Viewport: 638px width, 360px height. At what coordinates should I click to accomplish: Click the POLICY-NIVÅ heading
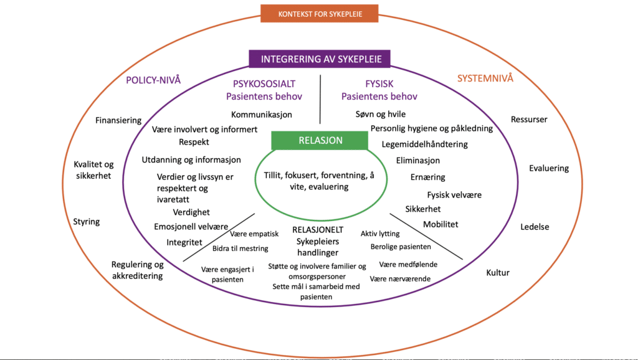click(x=153, y=80)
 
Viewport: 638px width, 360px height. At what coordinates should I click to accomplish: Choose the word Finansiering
click(x=118, y=120)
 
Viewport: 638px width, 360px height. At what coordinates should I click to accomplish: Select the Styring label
click(x=87, y=222)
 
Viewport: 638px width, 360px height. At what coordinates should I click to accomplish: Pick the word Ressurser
click(x=530, y=119)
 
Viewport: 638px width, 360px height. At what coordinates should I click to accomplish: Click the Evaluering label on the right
click(x=549, y=168)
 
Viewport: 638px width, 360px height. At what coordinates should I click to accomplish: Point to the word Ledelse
click(x=535, y=227)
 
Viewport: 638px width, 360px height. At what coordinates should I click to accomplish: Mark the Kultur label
click(x=498, y=272)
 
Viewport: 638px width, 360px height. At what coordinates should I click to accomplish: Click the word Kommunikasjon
click(x=262, y=115)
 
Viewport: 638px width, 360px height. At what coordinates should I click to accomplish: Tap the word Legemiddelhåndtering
click(x=424, y=144)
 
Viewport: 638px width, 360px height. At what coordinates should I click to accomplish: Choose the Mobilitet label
click(x=441, y=224)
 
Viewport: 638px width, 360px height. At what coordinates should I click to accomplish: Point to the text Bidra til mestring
click(x=240, y=249)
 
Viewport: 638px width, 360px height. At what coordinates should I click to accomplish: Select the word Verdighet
click(x=191, y=212)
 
